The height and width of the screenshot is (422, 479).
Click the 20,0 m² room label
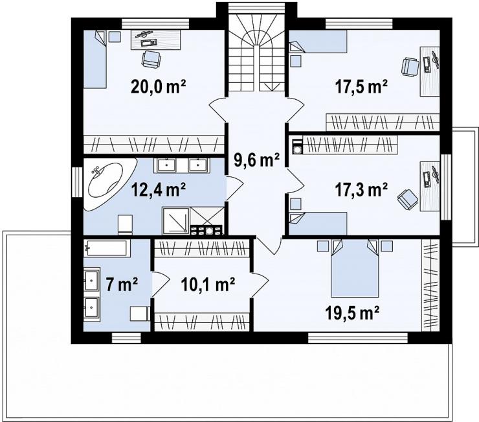(158, 87)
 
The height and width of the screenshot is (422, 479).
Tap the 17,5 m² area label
(361, 87)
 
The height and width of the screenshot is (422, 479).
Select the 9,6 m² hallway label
(256, 159)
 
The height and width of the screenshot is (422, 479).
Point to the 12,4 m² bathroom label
(158, 190)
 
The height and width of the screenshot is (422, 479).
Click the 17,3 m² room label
(361, 190)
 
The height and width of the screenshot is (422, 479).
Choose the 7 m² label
(122, 285)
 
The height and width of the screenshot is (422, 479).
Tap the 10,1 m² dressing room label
(208, 285)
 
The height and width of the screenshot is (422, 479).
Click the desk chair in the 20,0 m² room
(151, 59)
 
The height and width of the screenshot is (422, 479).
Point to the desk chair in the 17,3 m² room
(408, 199)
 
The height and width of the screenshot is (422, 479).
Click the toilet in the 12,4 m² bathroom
(125, 224)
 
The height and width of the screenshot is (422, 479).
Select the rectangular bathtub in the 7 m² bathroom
(107, 248)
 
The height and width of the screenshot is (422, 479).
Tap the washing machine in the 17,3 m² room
(297, 147)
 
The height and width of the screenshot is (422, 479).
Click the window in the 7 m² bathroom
(126, 338)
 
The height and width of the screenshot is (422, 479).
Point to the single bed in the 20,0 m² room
(95, 59)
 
